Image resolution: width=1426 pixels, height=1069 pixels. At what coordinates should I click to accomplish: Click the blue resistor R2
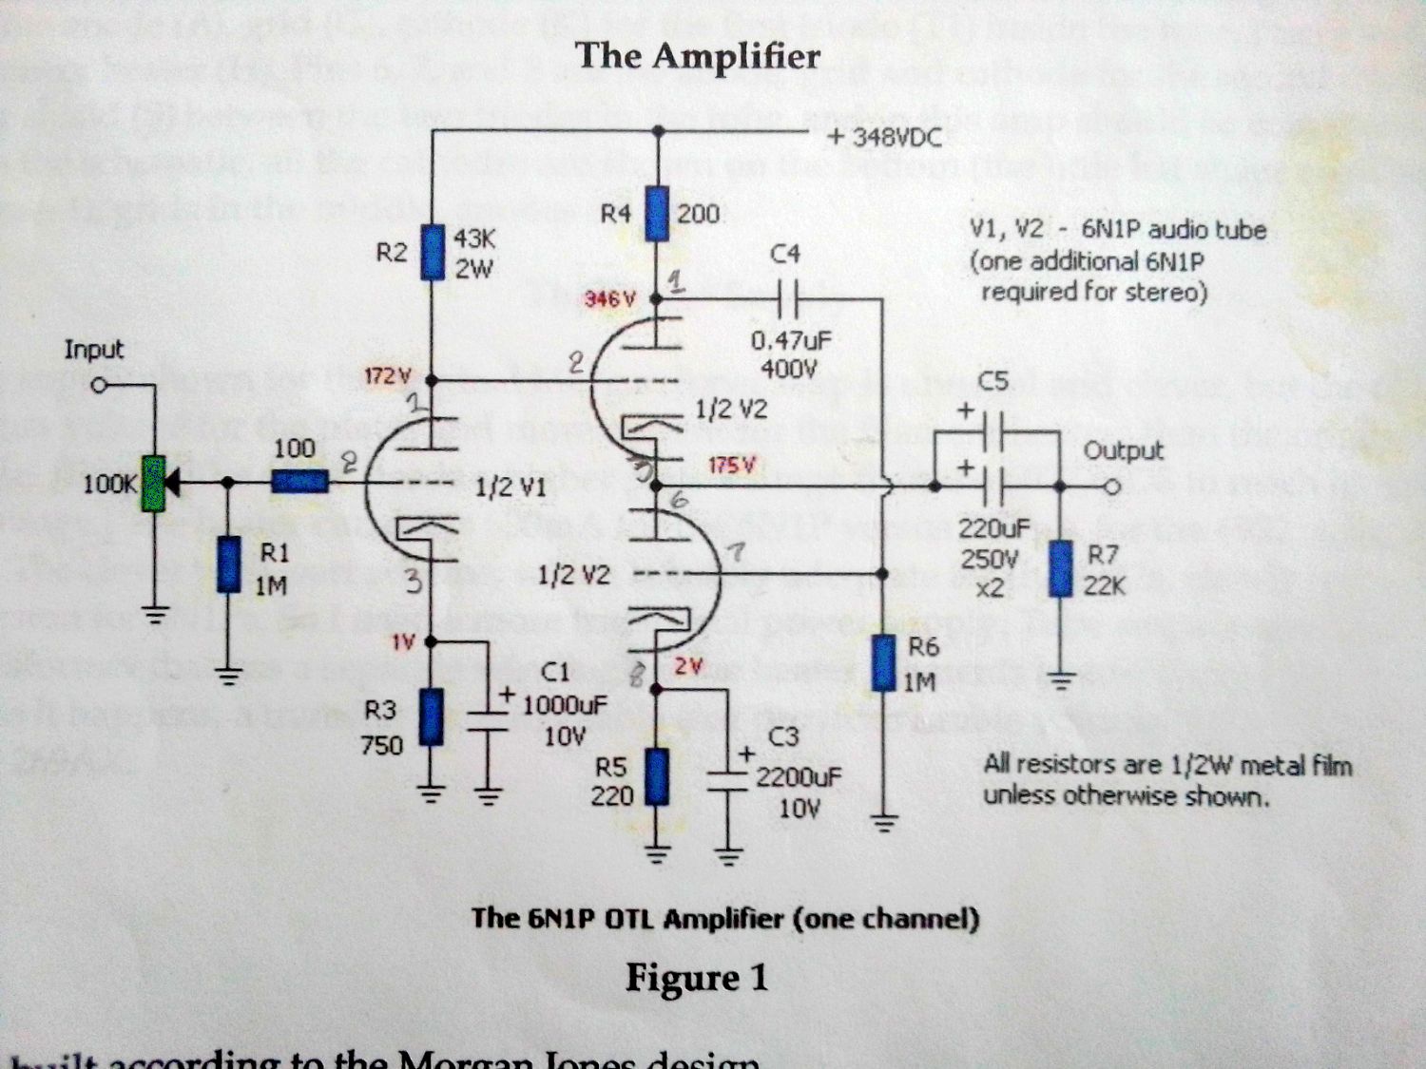(x=433, y=252)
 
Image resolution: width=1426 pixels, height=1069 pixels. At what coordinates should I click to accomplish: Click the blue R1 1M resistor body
(x=227, y=564)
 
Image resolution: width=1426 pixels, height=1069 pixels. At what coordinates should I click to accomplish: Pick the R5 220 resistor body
(x=656, y=777)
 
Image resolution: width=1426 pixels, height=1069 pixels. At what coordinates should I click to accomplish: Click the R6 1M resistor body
(x=884, y=662)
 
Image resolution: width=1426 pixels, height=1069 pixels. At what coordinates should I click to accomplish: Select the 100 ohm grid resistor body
(x=300, y=483)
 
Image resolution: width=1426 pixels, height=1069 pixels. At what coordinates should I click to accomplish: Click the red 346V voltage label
(x=608, y=299)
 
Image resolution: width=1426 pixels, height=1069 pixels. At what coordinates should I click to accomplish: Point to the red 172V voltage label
(x=386, y=376)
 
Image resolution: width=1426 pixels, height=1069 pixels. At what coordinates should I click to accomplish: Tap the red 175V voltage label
(x=732, y=466)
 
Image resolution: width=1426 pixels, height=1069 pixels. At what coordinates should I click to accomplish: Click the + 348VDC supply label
(x=884, y=138)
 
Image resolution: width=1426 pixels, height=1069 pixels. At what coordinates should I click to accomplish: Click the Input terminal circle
(x=98, y=386)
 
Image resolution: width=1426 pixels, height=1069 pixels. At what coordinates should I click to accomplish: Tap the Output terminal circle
(x=1113, y=487)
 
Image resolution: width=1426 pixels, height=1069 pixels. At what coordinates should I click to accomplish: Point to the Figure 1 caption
(x=696, y=978)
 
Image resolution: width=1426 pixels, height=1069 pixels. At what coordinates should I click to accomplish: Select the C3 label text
(x=783, y=736)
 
